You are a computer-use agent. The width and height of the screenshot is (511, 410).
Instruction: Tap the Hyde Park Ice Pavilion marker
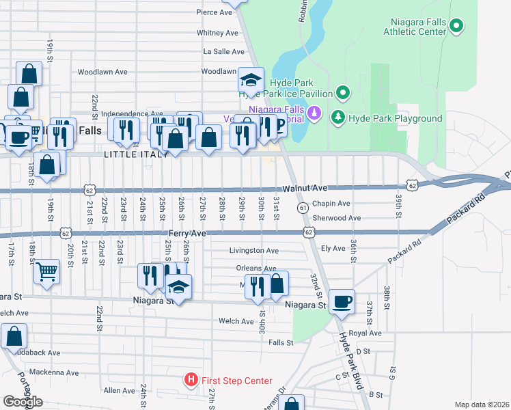click(343, 93)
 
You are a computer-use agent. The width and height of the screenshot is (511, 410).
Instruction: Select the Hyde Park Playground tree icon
click(337, 118)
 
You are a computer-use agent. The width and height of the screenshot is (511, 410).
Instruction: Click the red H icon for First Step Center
click(191, 380)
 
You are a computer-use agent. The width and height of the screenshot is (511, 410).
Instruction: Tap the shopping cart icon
click(46, 272)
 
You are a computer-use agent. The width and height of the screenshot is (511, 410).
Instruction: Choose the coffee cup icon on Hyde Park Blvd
click(342, 301)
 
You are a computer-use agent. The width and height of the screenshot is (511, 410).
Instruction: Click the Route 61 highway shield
click(302, 207)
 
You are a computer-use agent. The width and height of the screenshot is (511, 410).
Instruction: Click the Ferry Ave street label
click(187, 234)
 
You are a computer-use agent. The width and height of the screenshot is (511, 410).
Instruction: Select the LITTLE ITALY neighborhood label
click(135, 155)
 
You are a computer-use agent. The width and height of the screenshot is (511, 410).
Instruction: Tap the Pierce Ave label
click(216, 12)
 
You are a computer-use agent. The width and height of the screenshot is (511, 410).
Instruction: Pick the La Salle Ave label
click(223, 51)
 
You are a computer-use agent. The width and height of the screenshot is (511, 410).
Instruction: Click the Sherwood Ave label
click(336, 218)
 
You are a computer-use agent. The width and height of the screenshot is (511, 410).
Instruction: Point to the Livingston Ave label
click(253, 251)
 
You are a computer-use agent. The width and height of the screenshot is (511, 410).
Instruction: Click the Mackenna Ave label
click(54, 372)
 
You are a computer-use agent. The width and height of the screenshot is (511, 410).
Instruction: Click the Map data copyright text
click(482, 405)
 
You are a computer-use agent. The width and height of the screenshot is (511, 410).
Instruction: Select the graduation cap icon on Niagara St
click(179, 287)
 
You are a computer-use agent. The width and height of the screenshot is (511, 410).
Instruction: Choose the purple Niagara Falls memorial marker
click(314, 111)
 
